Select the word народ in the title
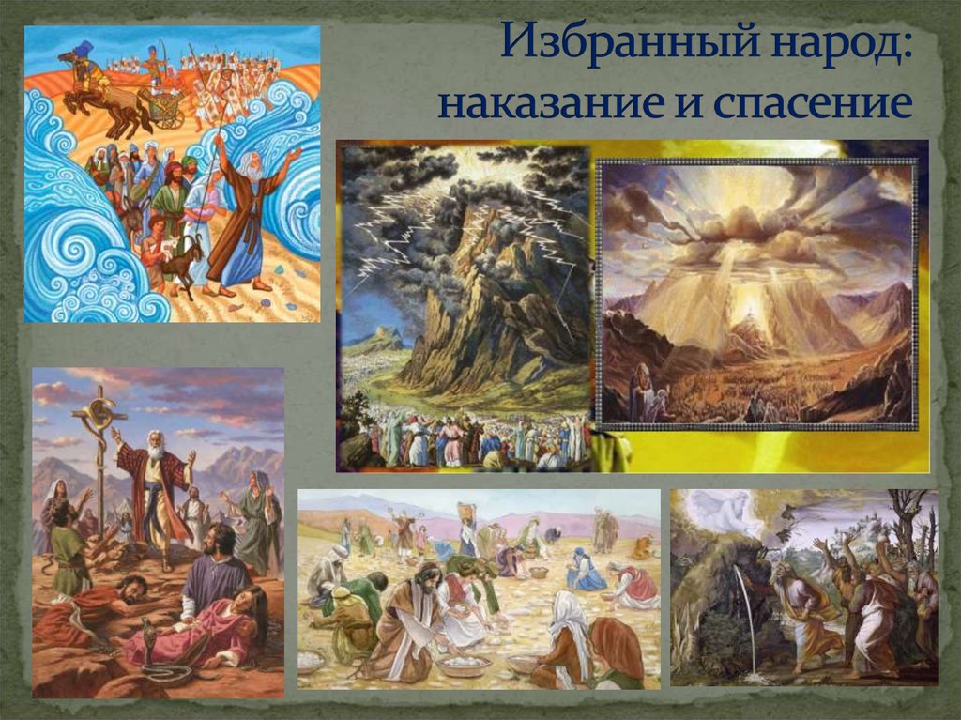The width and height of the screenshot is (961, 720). click(841, 47)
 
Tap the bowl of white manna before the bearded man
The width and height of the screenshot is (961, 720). click(464, 665)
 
